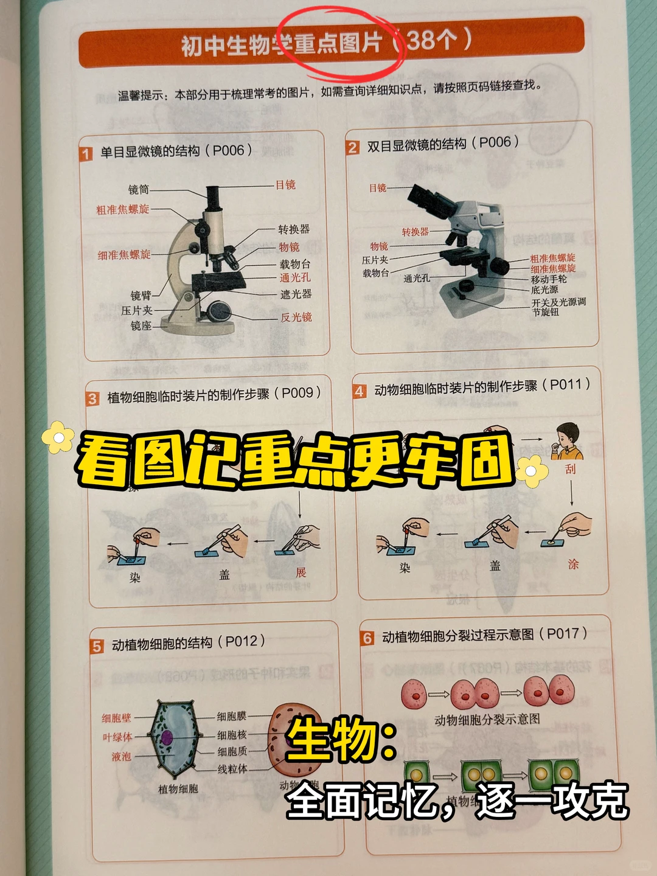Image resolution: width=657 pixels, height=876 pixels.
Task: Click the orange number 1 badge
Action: pyautogui.click(x=86, y=154)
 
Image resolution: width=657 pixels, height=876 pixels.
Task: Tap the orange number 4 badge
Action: pyautogui.click(x=360, y=391)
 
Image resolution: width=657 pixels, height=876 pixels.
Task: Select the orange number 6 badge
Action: pyautogui.click(x=367, y=638)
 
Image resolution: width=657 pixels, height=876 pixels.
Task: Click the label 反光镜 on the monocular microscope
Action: pyautogui.click(x=296, y=318)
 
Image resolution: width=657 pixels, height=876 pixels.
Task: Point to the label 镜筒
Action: pyautogui.click(x=138, y=190)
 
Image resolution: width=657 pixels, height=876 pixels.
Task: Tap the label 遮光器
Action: pyautogui.click(x=296, y=294)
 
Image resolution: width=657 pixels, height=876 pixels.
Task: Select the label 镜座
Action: pyautogui.click(x=141, y=326)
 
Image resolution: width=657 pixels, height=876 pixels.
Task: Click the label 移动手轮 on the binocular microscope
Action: pyautogui.click(x=548, y=279)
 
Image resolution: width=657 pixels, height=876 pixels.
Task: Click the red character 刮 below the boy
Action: pyautogui.click(x=570, y=469)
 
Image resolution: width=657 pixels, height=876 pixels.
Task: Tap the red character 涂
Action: pyautogui.click(x=573, y=565)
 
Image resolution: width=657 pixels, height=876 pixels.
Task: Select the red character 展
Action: pyautogui.click(x=301, y=572)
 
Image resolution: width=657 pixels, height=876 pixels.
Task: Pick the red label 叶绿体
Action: pyautogui.click(x=117, y=737)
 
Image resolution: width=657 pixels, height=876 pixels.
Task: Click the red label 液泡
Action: pyautogui.click(x=121, y=756)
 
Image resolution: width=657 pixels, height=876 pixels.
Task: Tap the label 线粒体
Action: pyautogui.click(x=232, y=769)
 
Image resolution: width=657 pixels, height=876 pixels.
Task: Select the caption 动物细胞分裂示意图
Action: pyautogui.click(x=487, y=720)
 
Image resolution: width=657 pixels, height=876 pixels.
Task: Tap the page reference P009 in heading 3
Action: pyautogui.click(x=297, y=393)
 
